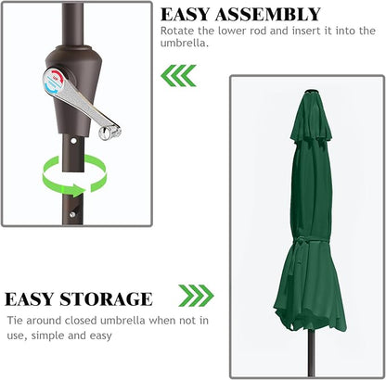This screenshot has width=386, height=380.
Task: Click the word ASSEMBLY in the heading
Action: click(x=268, y=15)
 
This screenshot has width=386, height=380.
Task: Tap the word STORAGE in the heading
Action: click(x=106, y=299)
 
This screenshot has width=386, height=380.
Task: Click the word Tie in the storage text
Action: click(x=15, y=321)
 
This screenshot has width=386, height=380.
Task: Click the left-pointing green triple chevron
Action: click(x=178, y=75)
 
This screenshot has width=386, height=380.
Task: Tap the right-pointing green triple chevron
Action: click(x=196, y=296)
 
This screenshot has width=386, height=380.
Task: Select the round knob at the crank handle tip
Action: click(x=105, y=133)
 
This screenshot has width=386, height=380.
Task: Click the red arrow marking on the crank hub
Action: click(x=58, y=76)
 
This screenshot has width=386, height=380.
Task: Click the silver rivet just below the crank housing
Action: click(x=73, y=141)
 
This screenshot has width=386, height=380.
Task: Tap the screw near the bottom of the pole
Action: click(x=72, y=215)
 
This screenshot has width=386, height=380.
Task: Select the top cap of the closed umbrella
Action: click(x=311, y=92)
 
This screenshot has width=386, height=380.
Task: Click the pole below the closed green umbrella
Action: click(x=311, y=352)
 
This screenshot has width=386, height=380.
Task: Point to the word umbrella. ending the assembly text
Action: click(x=185, y=43)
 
